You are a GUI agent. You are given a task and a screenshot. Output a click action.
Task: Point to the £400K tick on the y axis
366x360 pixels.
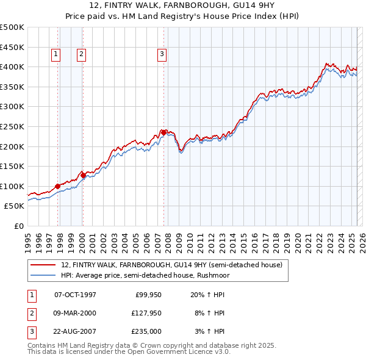coord(12,67)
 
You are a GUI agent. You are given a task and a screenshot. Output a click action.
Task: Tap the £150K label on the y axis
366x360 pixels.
coord(12,166)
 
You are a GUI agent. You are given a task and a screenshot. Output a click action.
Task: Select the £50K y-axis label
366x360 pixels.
coord(15,206)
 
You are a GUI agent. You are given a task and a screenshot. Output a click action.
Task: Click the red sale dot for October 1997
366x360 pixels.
coord(57,186)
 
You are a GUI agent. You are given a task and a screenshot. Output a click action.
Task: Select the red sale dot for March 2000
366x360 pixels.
coord(83,175)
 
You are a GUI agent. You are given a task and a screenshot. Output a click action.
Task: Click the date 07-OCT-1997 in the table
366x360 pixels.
coord(75,295)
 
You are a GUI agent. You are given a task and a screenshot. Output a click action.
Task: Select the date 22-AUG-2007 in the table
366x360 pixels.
coord(75,331)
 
